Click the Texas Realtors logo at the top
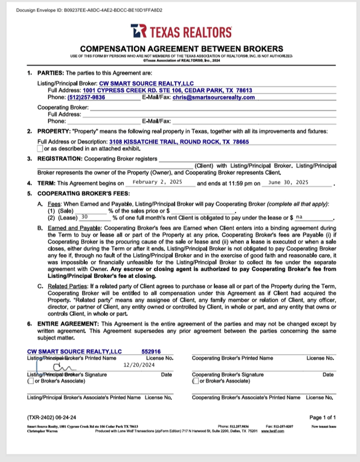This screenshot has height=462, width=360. pyautogui.click(x=181, y=32)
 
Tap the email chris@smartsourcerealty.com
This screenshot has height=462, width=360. pyautogui.click(x=214, y=98)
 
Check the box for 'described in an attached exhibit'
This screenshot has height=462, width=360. pyautogui.click(x=40, y=149)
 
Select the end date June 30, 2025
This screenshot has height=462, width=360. pyautogui.click(x=288, y=183)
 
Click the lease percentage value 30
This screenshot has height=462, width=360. pyautogui.click(x=85, y=218)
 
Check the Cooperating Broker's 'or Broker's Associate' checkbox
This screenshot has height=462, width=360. pyautogui.click(x=195, y=381)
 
